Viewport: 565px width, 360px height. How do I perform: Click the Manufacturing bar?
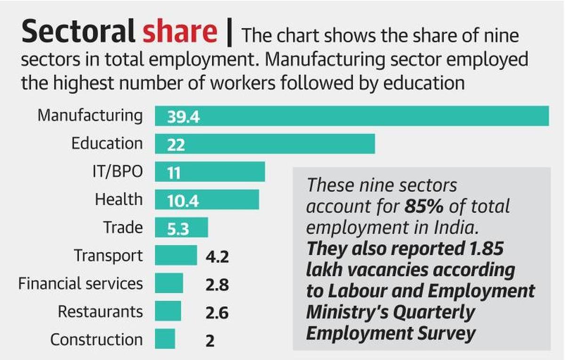[x=352, y=116]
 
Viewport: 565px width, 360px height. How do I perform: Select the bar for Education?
[x=265, y=144]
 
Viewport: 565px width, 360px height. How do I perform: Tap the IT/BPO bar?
[x=210, y=172]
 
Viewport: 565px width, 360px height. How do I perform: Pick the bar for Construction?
[x=165, y=339]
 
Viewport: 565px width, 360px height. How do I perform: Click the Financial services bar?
[x=169, y=283]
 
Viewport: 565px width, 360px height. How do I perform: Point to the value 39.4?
[x=183, y=117]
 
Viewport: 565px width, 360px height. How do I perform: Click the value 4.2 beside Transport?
[x=217, y=257]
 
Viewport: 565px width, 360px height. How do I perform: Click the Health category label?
[x=118, y=199]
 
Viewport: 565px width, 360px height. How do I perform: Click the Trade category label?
[x=122, y=228]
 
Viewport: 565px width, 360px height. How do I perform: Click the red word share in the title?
[x=180, y=32]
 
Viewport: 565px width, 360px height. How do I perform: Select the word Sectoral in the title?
[x=78, y=32]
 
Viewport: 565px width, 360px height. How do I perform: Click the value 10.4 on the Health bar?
[x=183, y=201]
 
